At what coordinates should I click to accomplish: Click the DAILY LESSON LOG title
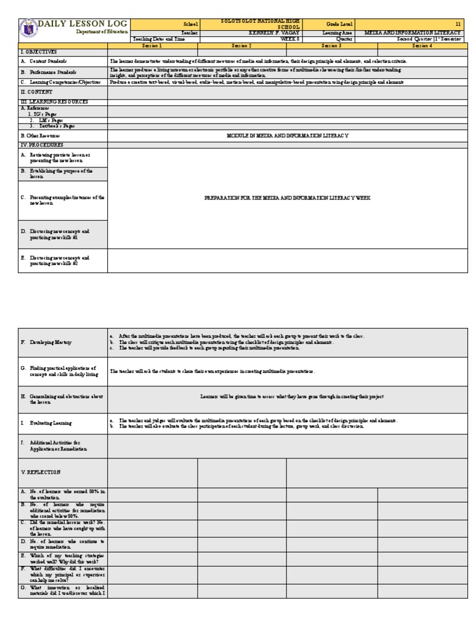83,23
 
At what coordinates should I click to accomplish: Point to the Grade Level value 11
458,24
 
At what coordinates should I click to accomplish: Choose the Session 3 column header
331,46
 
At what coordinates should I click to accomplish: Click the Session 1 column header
152,46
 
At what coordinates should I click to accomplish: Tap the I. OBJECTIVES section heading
39,52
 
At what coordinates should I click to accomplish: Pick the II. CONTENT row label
34,91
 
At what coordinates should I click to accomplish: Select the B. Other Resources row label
41,135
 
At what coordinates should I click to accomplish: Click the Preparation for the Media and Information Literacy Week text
287,198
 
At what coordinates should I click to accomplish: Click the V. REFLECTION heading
41,472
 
